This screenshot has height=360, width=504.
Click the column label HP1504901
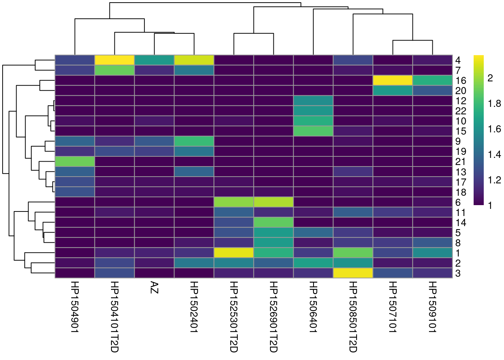(75, 306)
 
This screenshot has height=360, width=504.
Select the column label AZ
(154, 288)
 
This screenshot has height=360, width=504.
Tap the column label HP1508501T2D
(353, 316)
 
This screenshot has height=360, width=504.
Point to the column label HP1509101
(432, 306)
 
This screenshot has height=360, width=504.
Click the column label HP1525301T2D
(234, 316)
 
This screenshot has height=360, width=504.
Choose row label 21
(460, 162)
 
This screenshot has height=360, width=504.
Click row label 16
(460, 81)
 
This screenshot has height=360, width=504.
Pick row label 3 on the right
(458, 273)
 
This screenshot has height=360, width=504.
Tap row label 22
(460, 111)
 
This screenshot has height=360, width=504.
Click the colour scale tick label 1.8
(494, 103)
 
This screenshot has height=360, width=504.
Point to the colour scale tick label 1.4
(494, 154)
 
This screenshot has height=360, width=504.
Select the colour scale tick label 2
(490, 78)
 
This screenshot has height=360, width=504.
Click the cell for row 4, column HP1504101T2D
(114, 60)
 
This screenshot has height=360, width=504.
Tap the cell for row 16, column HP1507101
(393, 80)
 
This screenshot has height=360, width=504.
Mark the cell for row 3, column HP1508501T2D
(353, 273)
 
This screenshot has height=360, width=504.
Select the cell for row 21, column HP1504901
(75, 162)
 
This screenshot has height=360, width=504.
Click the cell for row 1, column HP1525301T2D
(234, 253)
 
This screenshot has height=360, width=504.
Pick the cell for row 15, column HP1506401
(313, 131)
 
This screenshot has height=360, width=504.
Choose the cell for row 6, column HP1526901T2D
(273, 202)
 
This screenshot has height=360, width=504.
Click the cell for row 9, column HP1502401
(194, 141)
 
